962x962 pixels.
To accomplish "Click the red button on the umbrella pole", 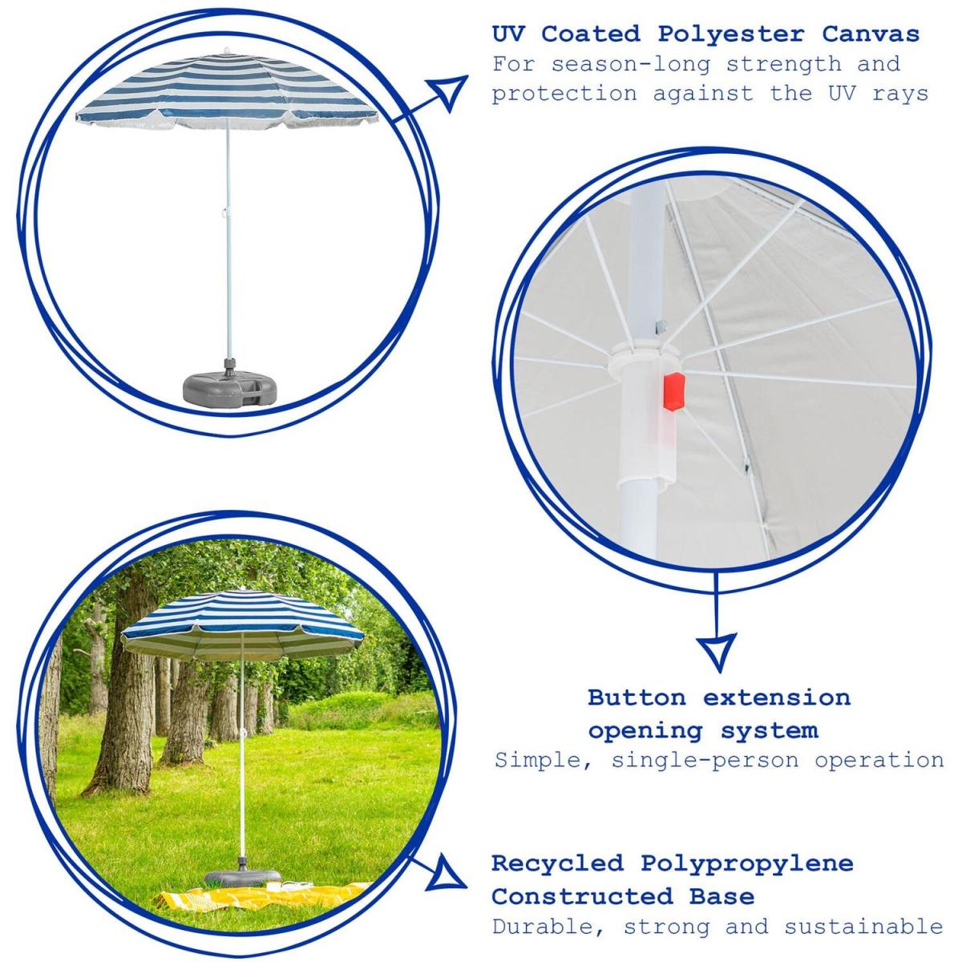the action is pyautogui.click(x=674, y=389).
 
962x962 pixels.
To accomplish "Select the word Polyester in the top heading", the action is pyautogui.click(x=731, y=35).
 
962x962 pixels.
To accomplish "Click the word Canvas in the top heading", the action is pyautogui.click(x=871, y=34).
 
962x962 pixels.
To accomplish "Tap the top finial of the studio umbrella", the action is pyautogui.click(x=228, y=51).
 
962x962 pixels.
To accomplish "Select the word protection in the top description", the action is pyautogui.click(x=564, y=95).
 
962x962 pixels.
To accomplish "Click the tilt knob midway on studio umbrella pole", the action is pyautogui.click(x=224, y=212).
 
